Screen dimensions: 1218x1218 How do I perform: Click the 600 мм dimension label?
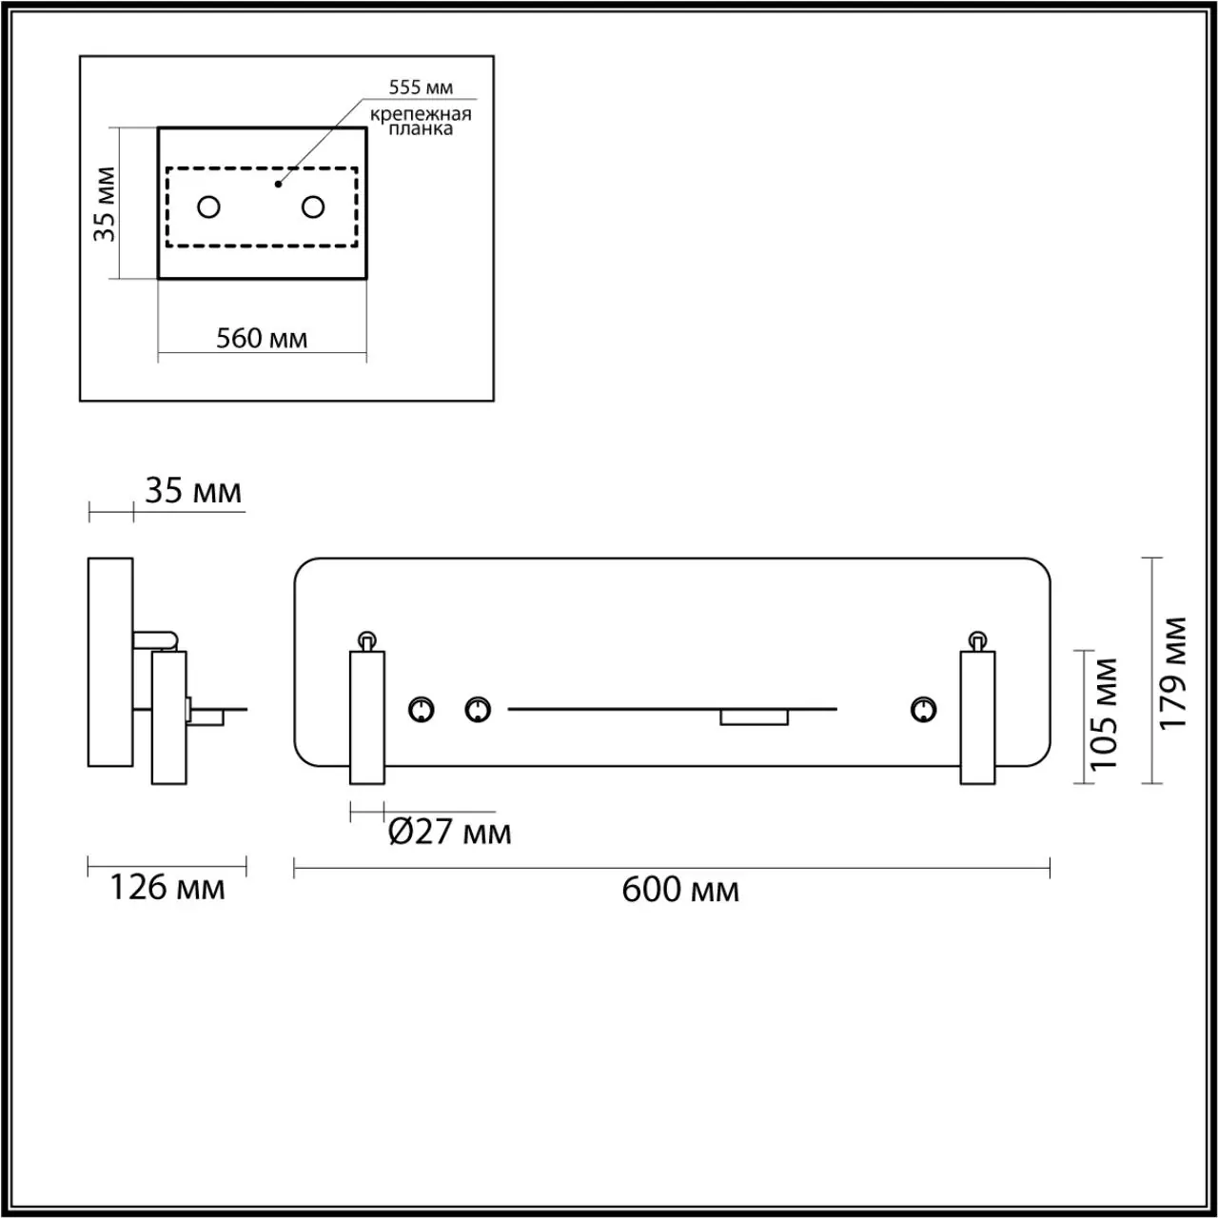click(679, 890)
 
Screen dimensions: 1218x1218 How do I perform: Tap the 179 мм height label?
click(1175, 672)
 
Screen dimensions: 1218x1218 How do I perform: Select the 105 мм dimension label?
click(1104, 714)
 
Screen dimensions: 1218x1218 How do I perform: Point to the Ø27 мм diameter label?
click(450, 832)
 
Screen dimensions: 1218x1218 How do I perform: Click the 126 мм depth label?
click(167, 888)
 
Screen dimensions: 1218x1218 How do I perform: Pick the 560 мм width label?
click(262, 338)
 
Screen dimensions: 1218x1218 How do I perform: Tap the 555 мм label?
click(421, 88)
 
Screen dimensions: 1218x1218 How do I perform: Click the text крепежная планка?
click(421, 122)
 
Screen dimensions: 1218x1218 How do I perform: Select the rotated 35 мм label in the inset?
click(105, 204)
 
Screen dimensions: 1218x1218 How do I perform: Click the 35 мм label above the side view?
click(192, 491)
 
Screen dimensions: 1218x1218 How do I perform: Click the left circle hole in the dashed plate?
click(208, 206)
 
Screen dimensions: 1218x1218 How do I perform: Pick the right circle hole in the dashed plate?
click(313, 206)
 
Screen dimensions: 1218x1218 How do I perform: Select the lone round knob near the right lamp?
click(922, 709)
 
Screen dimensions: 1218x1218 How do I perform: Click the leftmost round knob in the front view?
click(421, 709)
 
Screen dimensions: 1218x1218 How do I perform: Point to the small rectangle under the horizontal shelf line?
click(754, 717)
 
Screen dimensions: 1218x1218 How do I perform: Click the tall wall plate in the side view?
click(110, 661)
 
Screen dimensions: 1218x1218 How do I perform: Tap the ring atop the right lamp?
click(976, 638)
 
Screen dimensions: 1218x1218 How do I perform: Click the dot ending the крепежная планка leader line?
click(278, 183)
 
